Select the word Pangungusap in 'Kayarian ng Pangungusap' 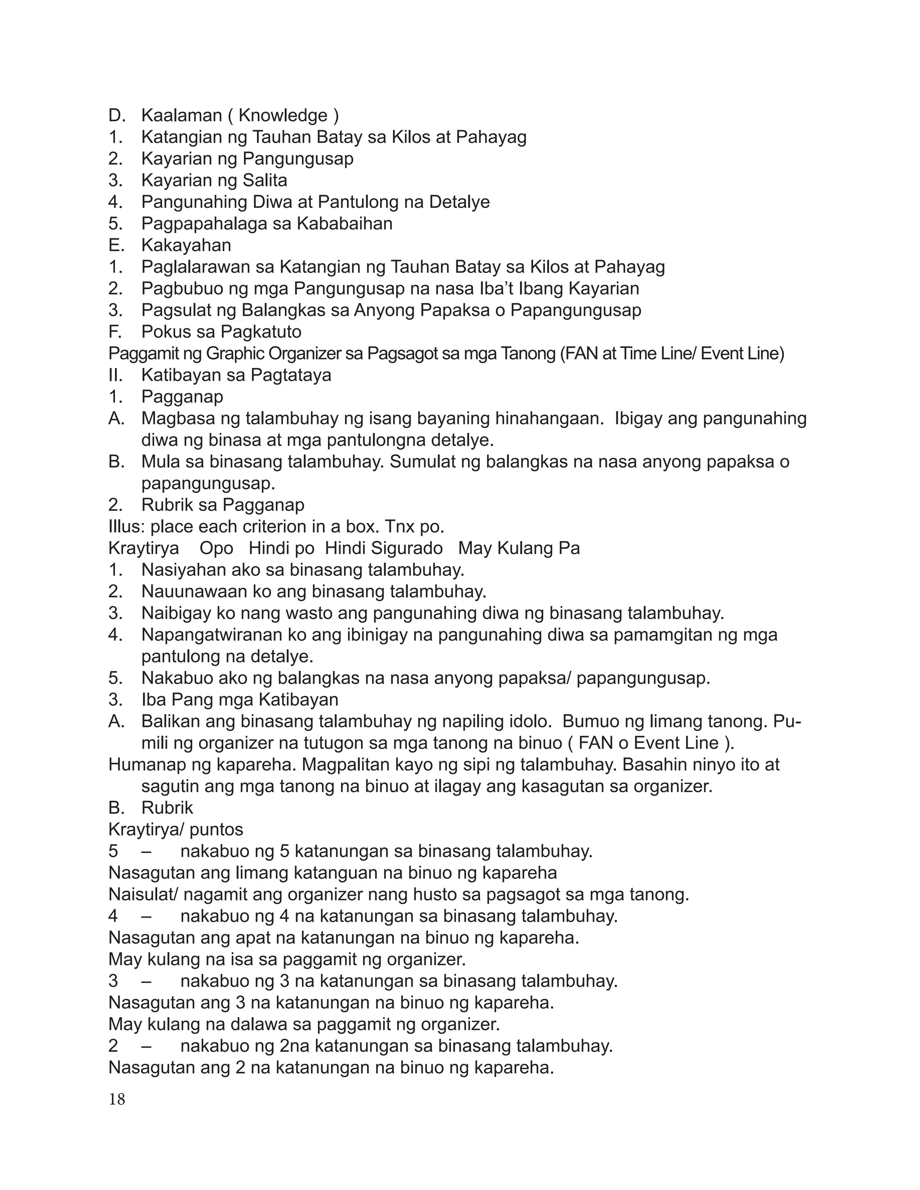(x=298, y=159)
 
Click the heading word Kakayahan (x=186, y=245)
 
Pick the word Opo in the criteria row (x=217, y=548)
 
